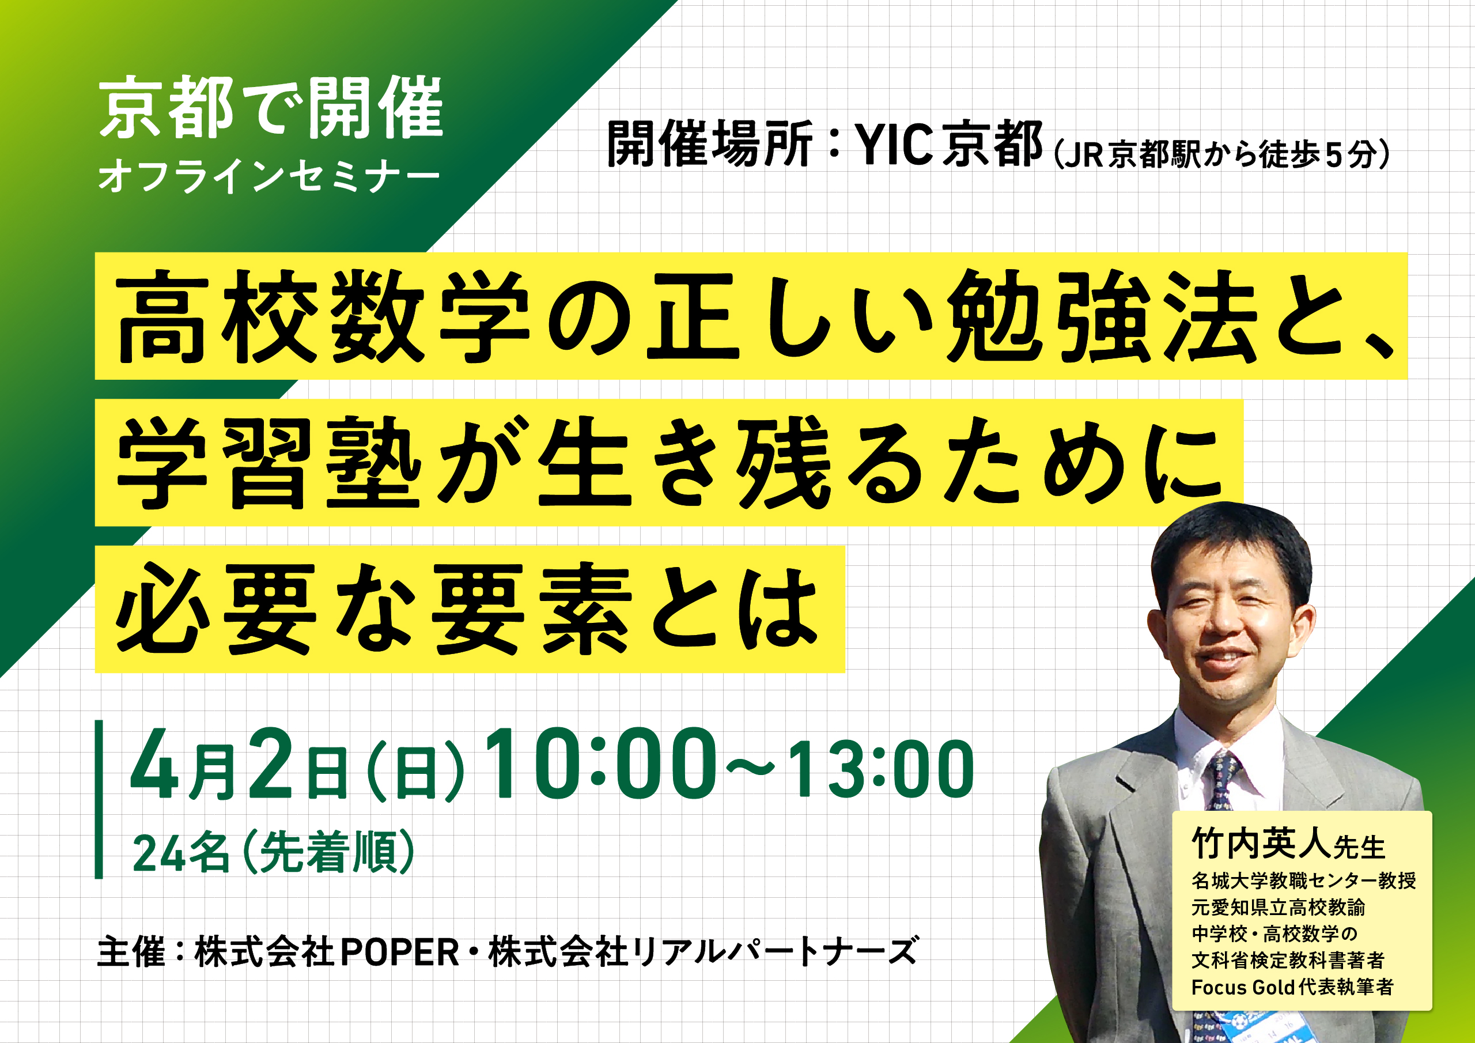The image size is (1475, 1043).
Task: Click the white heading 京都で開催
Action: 271,107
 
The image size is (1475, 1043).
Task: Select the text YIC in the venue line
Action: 894,145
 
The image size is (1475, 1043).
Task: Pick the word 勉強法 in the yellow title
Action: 1101,316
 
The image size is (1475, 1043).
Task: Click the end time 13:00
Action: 881,769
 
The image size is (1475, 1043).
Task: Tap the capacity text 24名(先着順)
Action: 274,852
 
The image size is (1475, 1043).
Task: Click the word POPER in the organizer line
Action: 400,953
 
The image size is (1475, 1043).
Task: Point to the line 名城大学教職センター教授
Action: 1303,881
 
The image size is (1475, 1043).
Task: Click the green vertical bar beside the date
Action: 99,799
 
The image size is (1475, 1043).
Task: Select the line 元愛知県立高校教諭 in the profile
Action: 1279,908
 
